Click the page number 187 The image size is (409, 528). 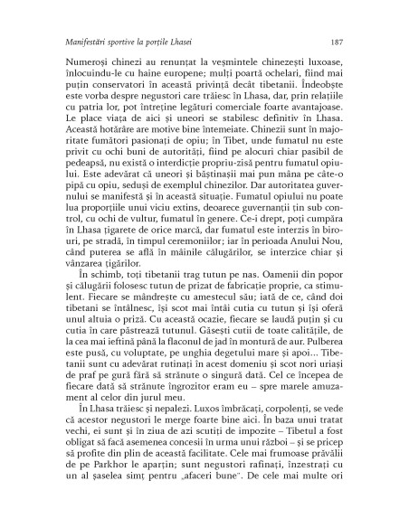[x=335, y=42]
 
